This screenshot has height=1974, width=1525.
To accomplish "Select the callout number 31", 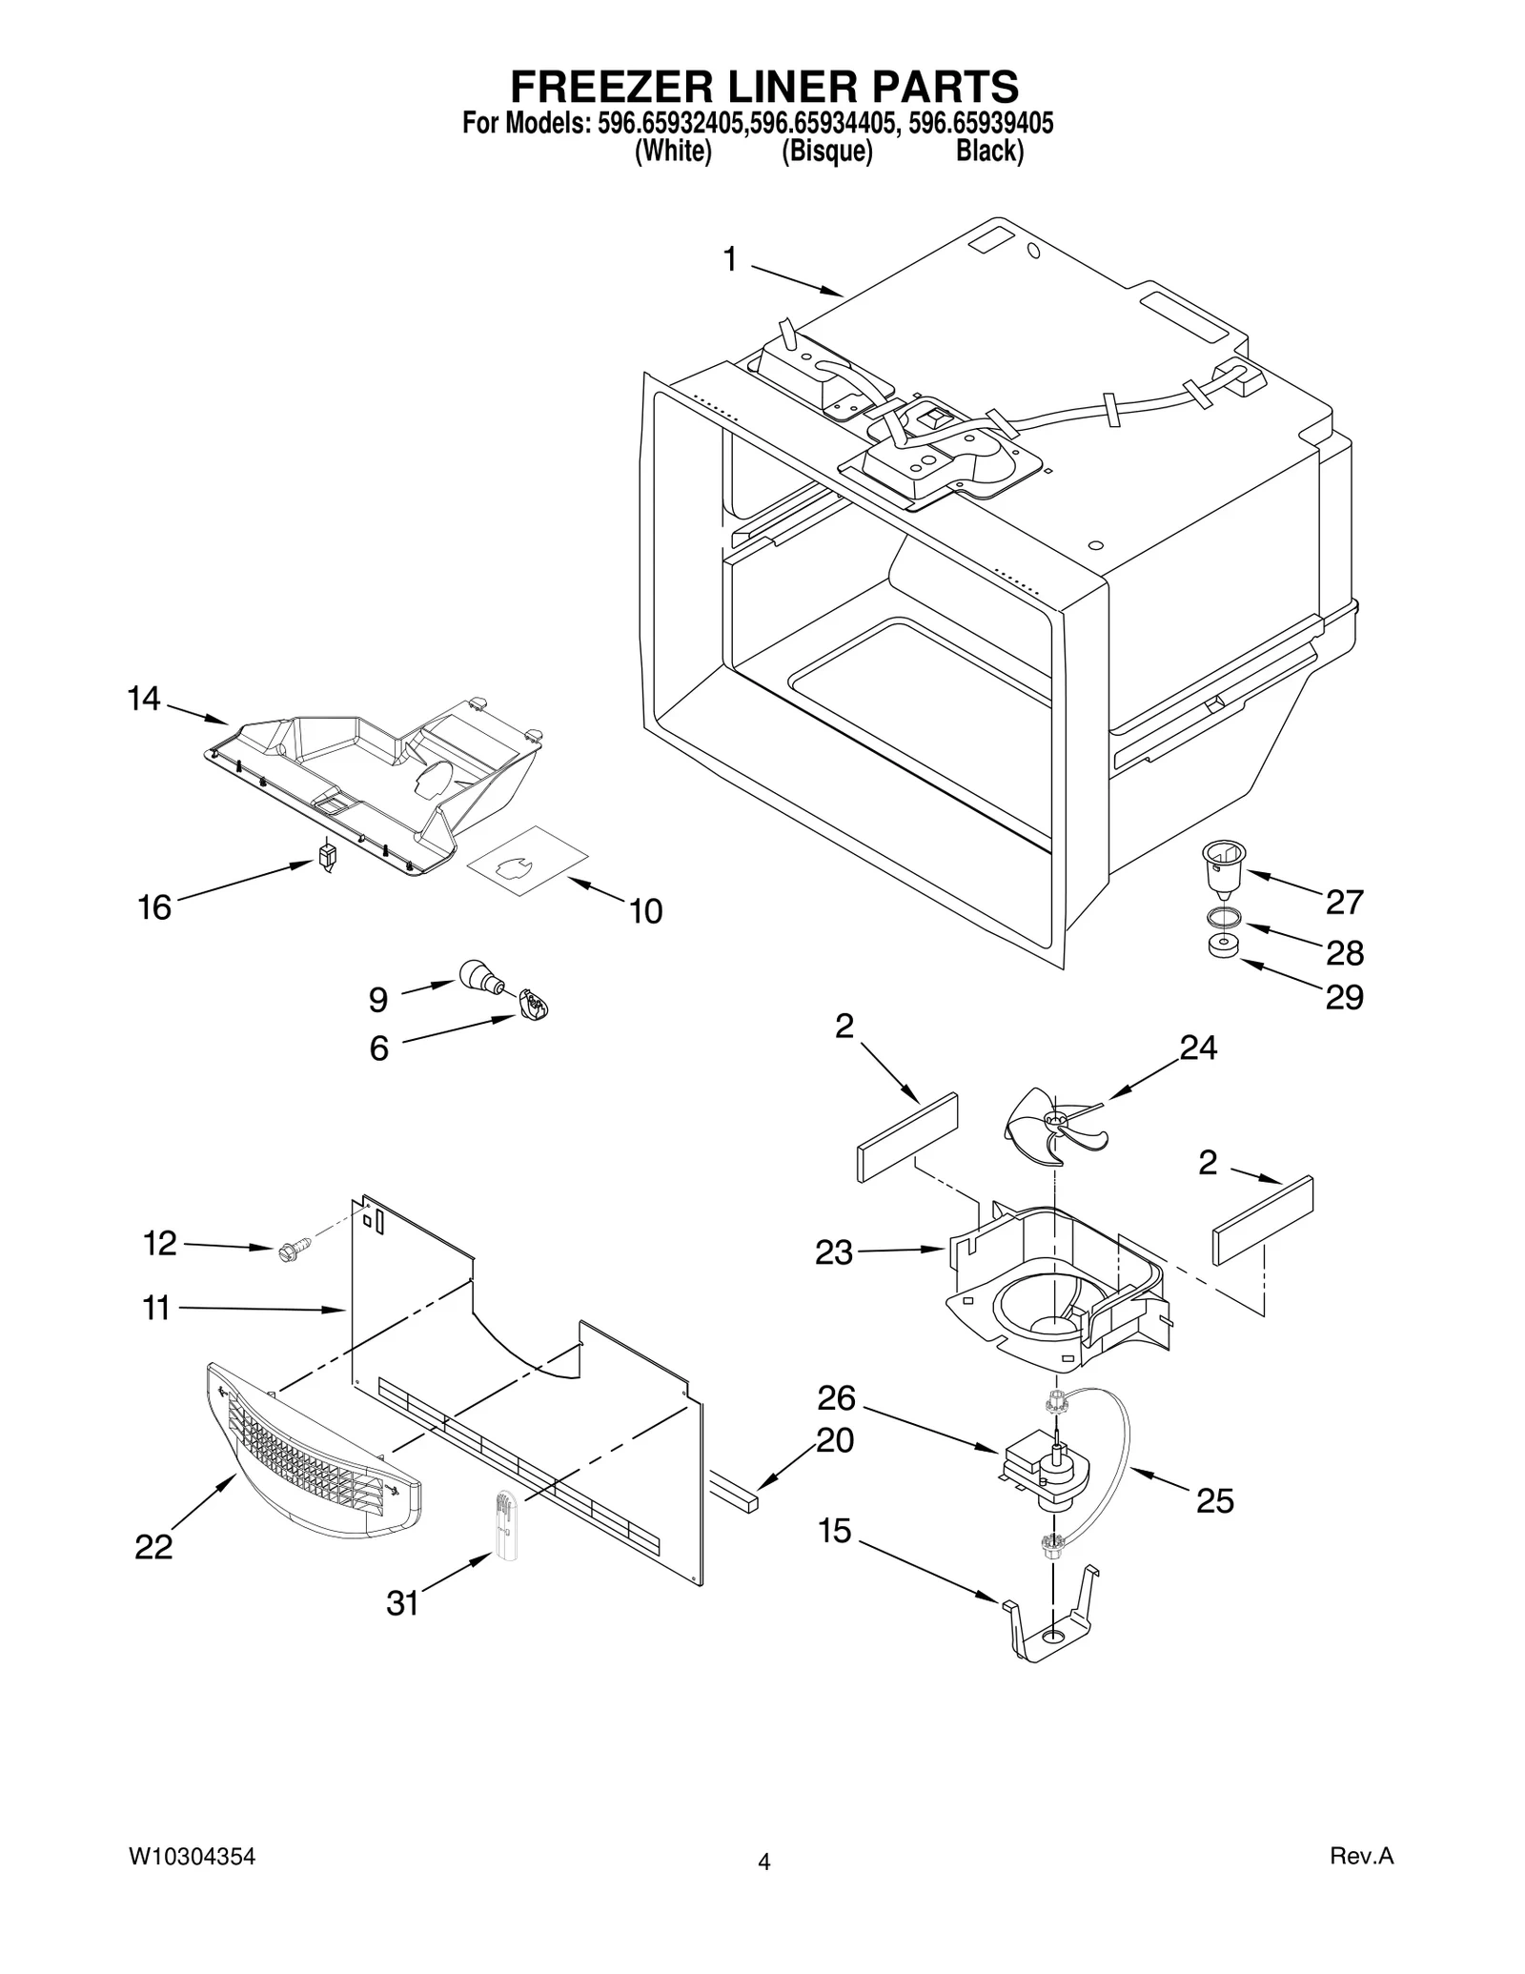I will click(402, 1603).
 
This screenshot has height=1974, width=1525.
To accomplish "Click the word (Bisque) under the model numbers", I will click(826, 152).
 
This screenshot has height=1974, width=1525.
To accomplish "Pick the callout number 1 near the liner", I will click(730, 258).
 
